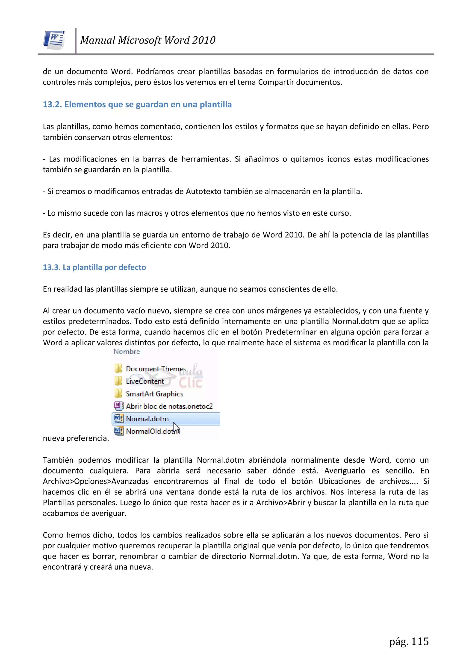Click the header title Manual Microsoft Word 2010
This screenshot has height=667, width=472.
click(148, 40)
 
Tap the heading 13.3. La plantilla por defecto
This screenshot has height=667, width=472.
click(94, 267)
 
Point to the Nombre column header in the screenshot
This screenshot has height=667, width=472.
click(127, 352)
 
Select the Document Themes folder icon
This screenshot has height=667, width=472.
click(118, 368)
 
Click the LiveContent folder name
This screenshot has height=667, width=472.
click(145, 382)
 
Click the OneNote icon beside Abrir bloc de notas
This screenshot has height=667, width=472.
click(118, 406)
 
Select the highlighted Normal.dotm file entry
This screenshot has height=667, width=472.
click(147, 419)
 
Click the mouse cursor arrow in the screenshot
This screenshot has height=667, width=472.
click(176, 428)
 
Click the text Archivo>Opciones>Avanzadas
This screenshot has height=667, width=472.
click(96, 481)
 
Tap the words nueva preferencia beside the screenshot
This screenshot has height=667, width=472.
click(76, 438)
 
